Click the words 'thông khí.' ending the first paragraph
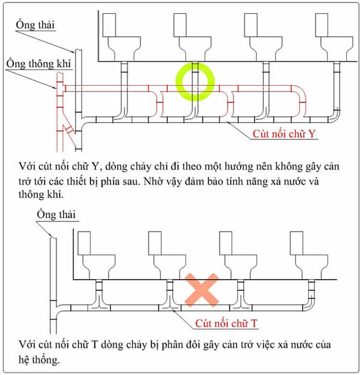pyautogui.click(x=44, y=194)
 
